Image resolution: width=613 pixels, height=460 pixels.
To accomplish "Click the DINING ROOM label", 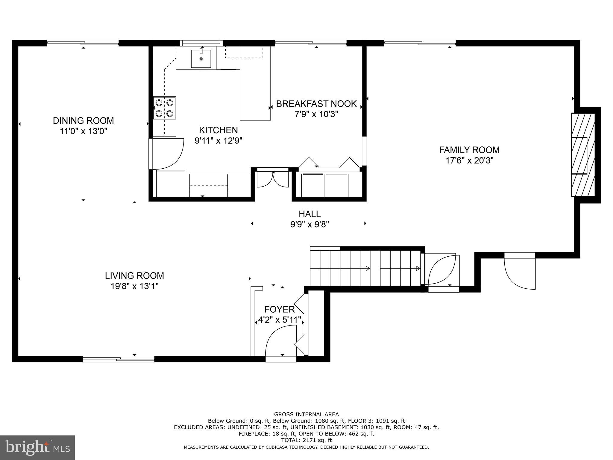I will pos(83,121).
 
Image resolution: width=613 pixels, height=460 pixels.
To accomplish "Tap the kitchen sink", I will pos(201,59).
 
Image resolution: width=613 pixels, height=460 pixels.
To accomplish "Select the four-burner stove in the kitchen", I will pos(164,108).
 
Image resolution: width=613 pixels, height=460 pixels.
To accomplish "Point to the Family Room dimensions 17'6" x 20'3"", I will pos(469,161).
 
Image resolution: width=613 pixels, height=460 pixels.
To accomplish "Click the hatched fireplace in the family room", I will pos(582,155).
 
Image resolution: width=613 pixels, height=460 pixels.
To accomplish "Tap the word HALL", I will pos(309,214).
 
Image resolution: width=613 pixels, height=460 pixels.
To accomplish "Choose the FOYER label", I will pos(279,309).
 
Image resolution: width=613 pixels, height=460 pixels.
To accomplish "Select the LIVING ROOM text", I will pos(134,276).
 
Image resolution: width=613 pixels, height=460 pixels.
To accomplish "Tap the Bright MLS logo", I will pos(37,447).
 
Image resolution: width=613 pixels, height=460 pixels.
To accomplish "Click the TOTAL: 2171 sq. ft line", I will pos(306,440).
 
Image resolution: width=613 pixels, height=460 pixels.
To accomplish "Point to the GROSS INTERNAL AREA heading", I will pos(306,414).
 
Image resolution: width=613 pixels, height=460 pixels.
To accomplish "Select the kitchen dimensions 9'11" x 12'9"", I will pos(218,141).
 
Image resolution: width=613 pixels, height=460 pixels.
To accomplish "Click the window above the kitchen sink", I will pos(201,43).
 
